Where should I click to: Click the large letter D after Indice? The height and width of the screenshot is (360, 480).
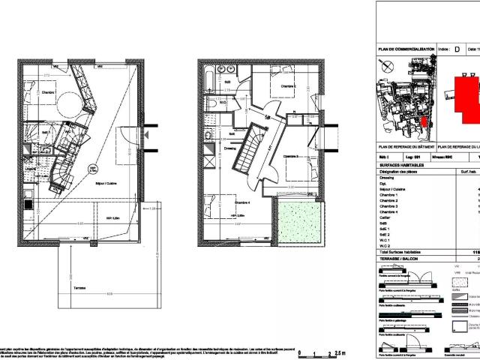click(457, 49)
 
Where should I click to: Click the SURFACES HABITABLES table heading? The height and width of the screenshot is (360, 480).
click(401, 164)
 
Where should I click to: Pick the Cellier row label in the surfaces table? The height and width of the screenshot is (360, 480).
click(388, 217)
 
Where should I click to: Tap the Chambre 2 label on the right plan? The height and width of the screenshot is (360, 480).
click(288, 86)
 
